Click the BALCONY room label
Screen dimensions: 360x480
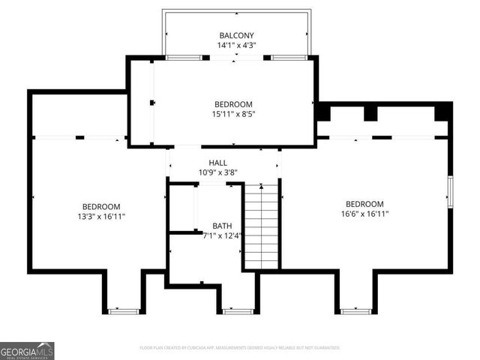(236, 35)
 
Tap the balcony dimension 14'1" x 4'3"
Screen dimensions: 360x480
(236, 45)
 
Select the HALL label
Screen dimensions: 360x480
(217, 163)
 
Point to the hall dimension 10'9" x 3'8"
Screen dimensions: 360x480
(217, 172)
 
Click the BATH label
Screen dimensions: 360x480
(222, 226)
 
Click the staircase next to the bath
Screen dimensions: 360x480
(261, 225)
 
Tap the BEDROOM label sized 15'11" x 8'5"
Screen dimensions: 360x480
(233, 104)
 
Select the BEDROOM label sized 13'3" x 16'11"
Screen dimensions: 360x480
(100, 206)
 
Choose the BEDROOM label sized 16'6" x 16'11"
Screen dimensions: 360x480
(364, 204)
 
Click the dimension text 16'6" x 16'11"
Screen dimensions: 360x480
(364, 214)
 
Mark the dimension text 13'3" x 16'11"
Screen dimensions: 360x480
(100, 217)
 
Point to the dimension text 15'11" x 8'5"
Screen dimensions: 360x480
(233, 114)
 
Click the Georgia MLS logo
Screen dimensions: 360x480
(27, 350)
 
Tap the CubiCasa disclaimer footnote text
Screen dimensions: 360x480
(240, 348)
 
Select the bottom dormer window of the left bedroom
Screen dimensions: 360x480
(123, 310)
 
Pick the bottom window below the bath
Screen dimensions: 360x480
(238, 310)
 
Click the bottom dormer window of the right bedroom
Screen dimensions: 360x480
(355, 310)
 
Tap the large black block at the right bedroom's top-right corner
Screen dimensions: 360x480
(443, 111)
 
